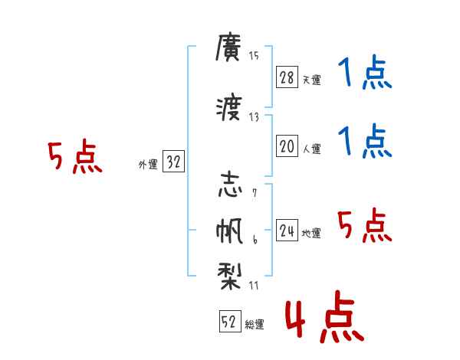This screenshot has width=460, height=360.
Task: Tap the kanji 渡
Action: tap(229, 110)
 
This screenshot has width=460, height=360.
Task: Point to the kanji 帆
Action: tap(229, 231)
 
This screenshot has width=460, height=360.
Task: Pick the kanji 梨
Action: tap(229, 274)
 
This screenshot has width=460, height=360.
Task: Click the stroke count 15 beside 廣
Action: tap(254, 55)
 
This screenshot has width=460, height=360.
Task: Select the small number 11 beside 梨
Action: tap(254, 286)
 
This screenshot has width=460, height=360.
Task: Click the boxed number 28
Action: tap(287, 77)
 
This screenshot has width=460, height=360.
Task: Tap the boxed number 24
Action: tap(287, 231)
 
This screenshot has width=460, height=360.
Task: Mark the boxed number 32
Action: tap(173, 162)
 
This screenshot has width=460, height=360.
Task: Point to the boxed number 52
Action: tap(228, 322)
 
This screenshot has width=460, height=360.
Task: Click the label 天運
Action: tap(311, 80)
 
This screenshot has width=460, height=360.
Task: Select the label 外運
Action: tap(148, 165)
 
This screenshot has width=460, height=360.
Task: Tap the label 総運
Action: tap(254, 325)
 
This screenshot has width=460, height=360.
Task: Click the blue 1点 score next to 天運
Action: tap(364, 74)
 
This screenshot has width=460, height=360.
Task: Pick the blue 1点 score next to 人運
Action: tap(364, 141)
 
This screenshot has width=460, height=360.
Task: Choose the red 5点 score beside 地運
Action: tap(364, 226)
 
